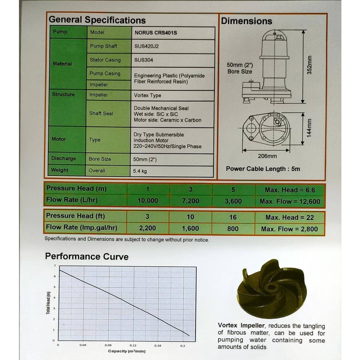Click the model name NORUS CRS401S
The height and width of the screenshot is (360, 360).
(155, 33)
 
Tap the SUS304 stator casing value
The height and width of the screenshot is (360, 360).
(144, 60)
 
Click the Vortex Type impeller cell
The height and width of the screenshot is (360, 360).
(148, 95)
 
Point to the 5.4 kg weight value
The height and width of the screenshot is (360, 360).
(140, 171)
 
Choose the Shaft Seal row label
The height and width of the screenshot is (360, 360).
(101, 113)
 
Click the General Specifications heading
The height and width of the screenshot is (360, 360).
(97, 20)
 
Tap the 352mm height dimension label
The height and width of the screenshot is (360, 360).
(310, 65)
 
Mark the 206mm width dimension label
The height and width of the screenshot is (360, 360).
(267, 156)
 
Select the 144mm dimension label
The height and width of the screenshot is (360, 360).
(309, 128)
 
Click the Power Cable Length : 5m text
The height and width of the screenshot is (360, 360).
(263, 169)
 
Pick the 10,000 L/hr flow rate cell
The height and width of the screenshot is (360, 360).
(148, 201)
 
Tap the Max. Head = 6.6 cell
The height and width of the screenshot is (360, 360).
(290, 190)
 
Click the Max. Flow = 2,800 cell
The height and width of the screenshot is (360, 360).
(289, 229)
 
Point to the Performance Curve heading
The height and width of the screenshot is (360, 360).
(87, 257)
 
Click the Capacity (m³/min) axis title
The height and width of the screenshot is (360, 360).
(127, 351)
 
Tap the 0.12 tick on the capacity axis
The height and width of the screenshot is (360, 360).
(133, 345)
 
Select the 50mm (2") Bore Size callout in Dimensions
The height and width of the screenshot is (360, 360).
(240, 68)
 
